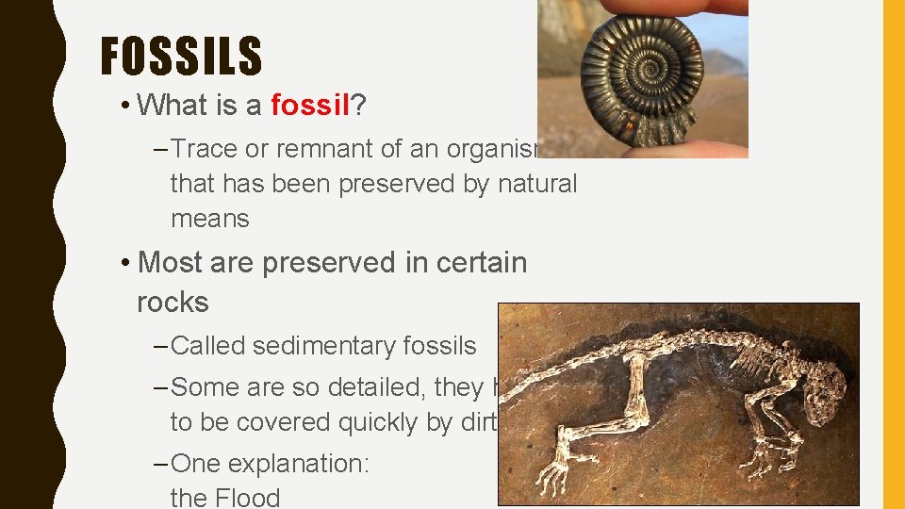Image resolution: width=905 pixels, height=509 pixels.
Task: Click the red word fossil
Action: (x=310, y=106)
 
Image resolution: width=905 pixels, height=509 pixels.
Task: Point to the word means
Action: (x=209, y=219)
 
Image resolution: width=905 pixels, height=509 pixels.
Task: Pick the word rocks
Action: (x=173, y=303)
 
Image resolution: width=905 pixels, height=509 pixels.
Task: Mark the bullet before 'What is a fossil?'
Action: (x=125, y=106)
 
